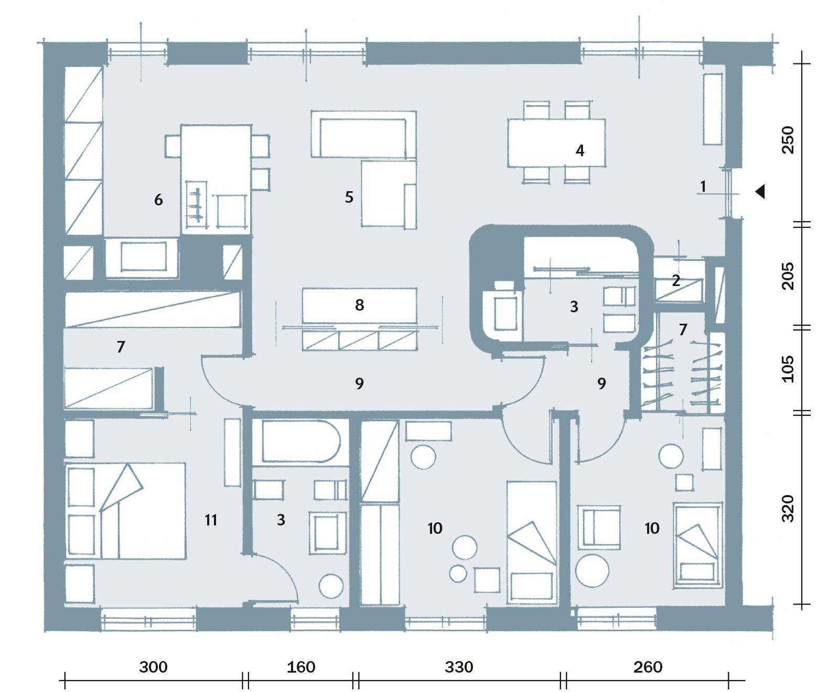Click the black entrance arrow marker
pos(760,192)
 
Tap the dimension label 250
pos(788,140)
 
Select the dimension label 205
pos(788,276)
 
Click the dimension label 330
pos(459,667)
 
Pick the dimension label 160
pos(302,667)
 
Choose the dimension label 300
pos(153,667)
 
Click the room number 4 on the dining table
pos(579,151)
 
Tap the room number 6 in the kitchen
pos(158,200)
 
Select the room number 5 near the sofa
pos(349,197)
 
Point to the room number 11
pos(211,520)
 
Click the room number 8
pos(359,305)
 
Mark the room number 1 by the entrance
pos(703,186)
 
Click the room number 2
pos(676,281)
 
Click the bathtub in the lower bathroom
pos(300,441)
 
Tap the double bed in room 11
pos(125,510)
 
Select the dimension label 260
pos(648,667)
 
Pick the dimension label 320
pos(788,508)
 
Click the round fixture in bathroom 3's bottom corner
pos(332,586)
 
